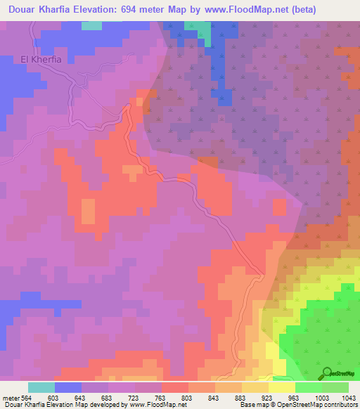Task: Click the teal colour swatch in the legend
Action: [41, 387]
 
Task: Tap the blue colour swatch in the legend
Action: [67, 387]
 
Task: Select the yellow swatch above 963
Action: [282, 387]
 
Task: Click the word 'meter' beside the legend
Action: [10, 397]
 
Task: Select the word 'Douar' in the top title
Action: [23, 10]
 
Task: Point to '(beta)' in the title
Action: [304, 10]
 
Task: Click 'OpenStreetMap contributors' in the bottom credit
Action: [322, 405]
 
